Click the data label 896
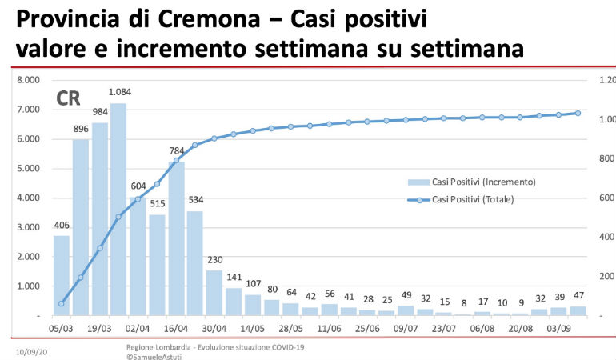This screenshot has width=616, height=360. (81, 129)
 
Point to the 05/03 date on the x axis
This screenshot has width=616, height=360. (62, 329)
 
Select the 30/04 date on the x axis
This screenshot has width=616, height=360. (214, 329)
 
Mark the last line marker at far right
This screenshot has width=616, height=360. (578, 113)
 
